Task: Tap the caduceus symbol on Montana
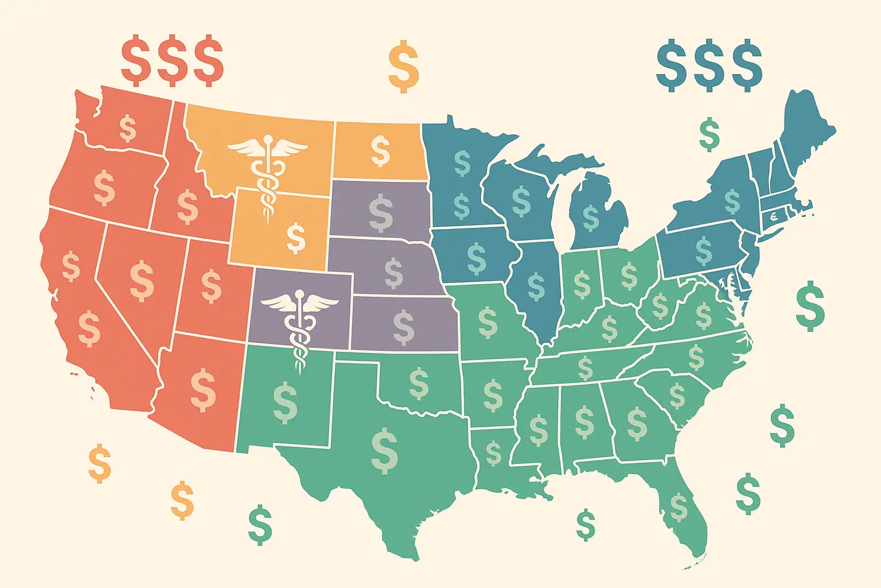coord(267,167)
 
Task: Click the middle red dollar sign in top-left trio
coord(172,60)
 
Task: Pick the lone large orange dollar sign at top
coord(403,66)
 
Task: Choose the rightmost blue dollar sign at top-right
coord(747,65)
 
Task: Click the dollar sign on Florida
coord(679,506)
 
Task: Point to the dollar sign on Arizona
coord(203,390)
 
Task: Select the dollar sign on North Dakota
coord(380,150)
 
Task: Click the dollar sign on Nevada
coord(142,280)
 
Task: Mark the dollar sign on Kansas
coord(404,328)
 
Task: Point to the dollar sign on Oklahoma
coord(419,384)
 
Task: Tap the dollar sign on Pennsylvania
coord(704,250)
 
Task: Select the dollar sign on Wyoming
coord(296,238)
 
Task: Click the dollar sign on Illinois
coord(536,287)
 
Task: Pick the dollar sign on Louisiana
coord(493,453)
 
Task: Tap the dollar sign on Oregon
coord(104,187)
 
